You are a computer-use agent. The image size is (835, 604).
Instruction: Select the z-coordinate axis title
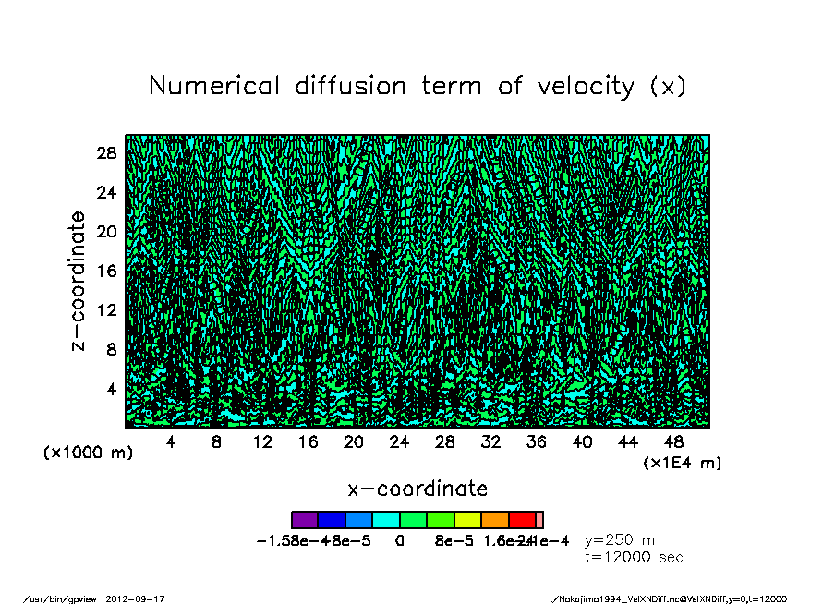click(x=79, y=281)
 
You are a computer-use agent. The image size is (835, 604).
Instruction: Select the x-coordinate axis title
click(x=417, y=489)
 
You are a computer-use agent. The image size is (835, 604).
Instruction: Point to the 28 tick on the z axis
click(x=108, y=153)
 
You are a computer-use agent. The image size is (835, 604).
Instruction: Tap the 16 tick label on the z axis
click(x=108, y=271)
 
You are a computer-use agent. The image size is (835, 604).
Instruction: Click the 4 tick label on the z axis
click(x=113, y=389)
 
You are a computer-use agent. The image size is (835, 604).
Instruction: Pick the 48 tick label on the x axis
click(x=673, y=442)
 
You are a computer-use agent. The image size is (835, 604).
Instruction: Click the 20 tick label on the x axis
click(x=353, y=442)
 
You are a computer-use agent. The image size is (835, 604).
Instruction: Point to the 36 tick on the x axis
click(x=536, y=442)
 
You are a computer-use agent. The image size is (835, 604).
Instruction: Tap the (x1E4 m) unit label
click(x=683, y=462)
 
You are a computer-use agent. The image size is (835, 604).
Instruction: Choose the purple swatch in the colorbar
click(x=305, y=520)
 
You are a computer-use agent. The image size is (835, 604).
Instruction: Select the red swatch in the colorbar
click(x=522, y=520)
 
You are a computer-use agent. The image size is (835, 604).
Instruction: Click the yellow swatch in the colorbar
click(x=467, y=520)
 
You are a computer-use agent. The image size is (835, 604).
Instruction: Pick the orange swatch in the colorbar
click(x=495, y=520)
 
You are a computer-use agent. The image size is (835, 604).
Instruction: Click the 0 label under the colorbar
click(x=400, y=541)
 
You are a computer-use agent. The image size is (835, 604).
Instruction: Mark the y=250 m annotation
click(x=620, y=540)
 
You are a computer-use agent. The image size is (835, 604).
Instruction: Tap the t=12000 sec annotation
click(x=634, y=557)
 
